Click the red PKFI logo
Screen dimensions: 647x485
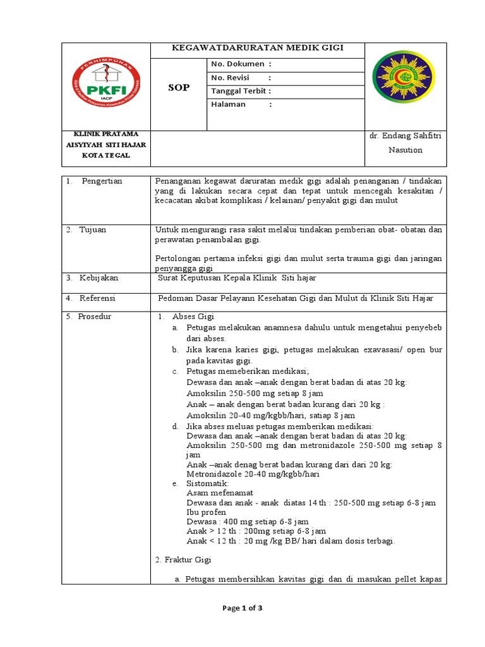[x=106, y=87]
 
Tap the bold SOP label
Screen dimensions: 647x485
[x=179, y=87]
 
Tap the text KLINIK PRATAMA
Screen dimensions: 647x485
[x=106, y=134]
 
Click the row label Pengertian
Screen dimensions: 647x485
[x=102, y=181]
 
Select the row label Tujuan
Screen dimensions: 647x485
[x=93, y=229]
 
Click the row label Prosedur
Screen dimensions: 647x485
[x=95, y=317]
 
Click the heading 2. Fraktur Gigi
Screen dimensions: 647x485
[x=183, y=560]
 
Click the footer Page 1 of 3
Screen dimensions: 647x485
[x=242, y=608]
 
